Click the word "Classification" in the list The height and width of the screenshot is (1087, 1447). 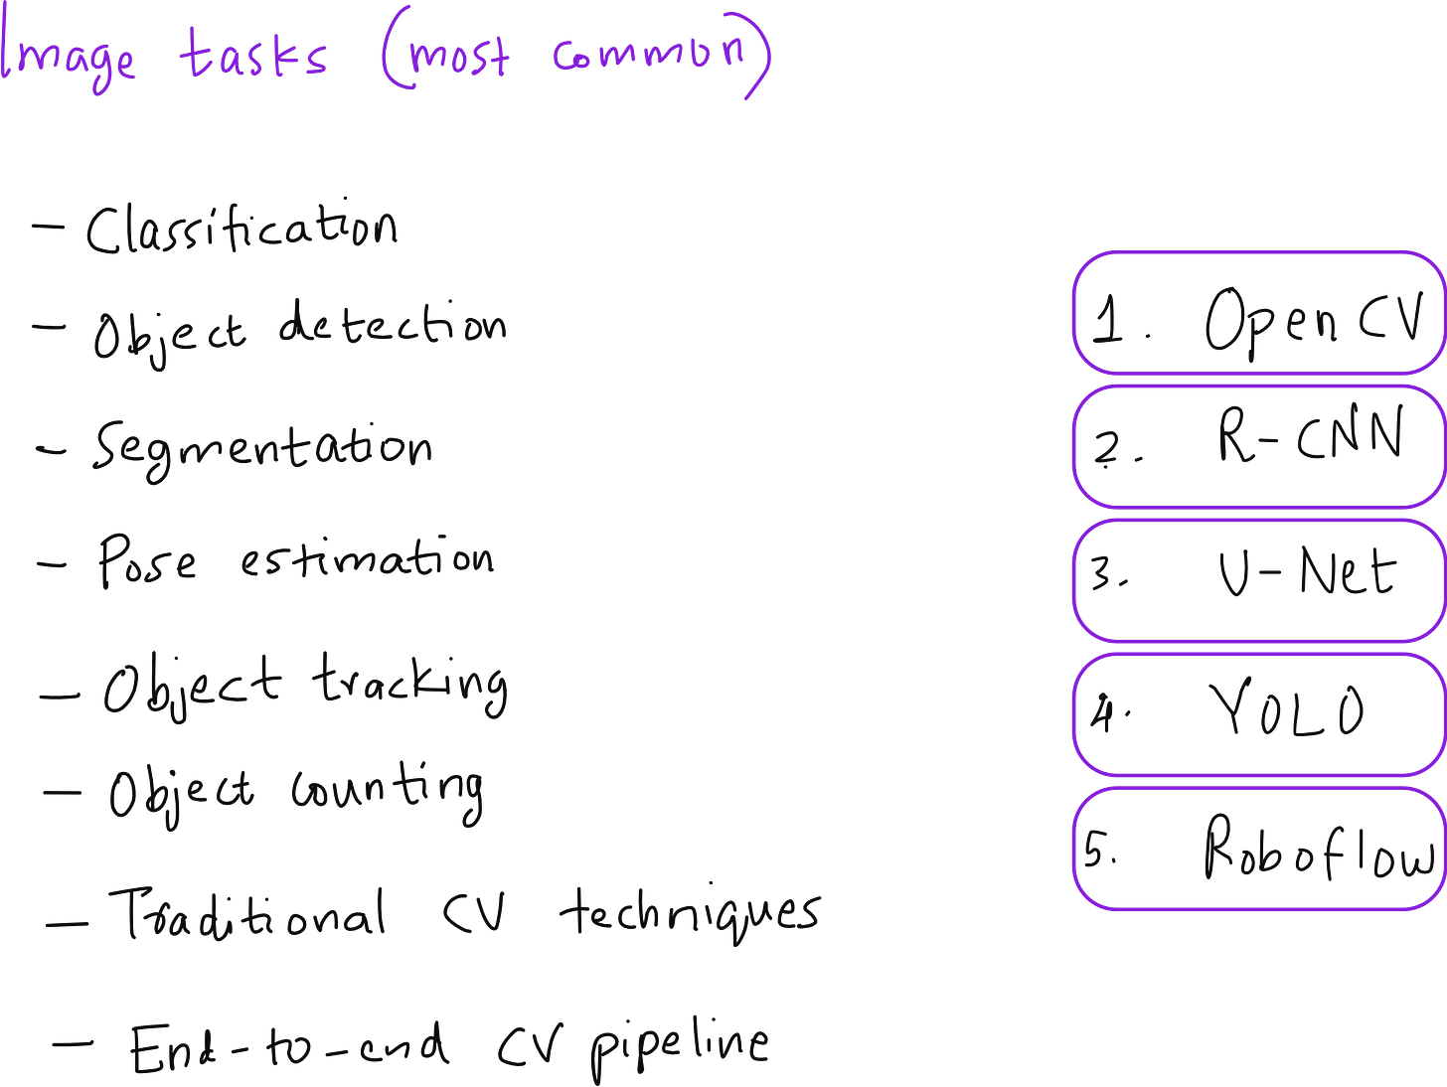[x=241, y=230]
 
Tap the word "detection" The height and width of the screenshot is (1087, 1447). [x=392, y=325]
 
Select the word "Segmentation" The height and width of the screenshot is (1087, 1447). [x=262, y=448]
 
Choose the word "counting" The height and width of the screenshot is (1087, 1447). [x=388, y=792]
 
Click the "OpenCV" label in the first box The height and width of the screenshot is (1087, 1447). [x=1314, y=320]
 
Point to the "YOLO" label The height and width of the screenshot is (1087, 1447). [x=1288, y=710]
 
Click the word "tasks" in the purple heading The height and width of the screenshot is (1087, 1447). [x=253, y=54]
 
